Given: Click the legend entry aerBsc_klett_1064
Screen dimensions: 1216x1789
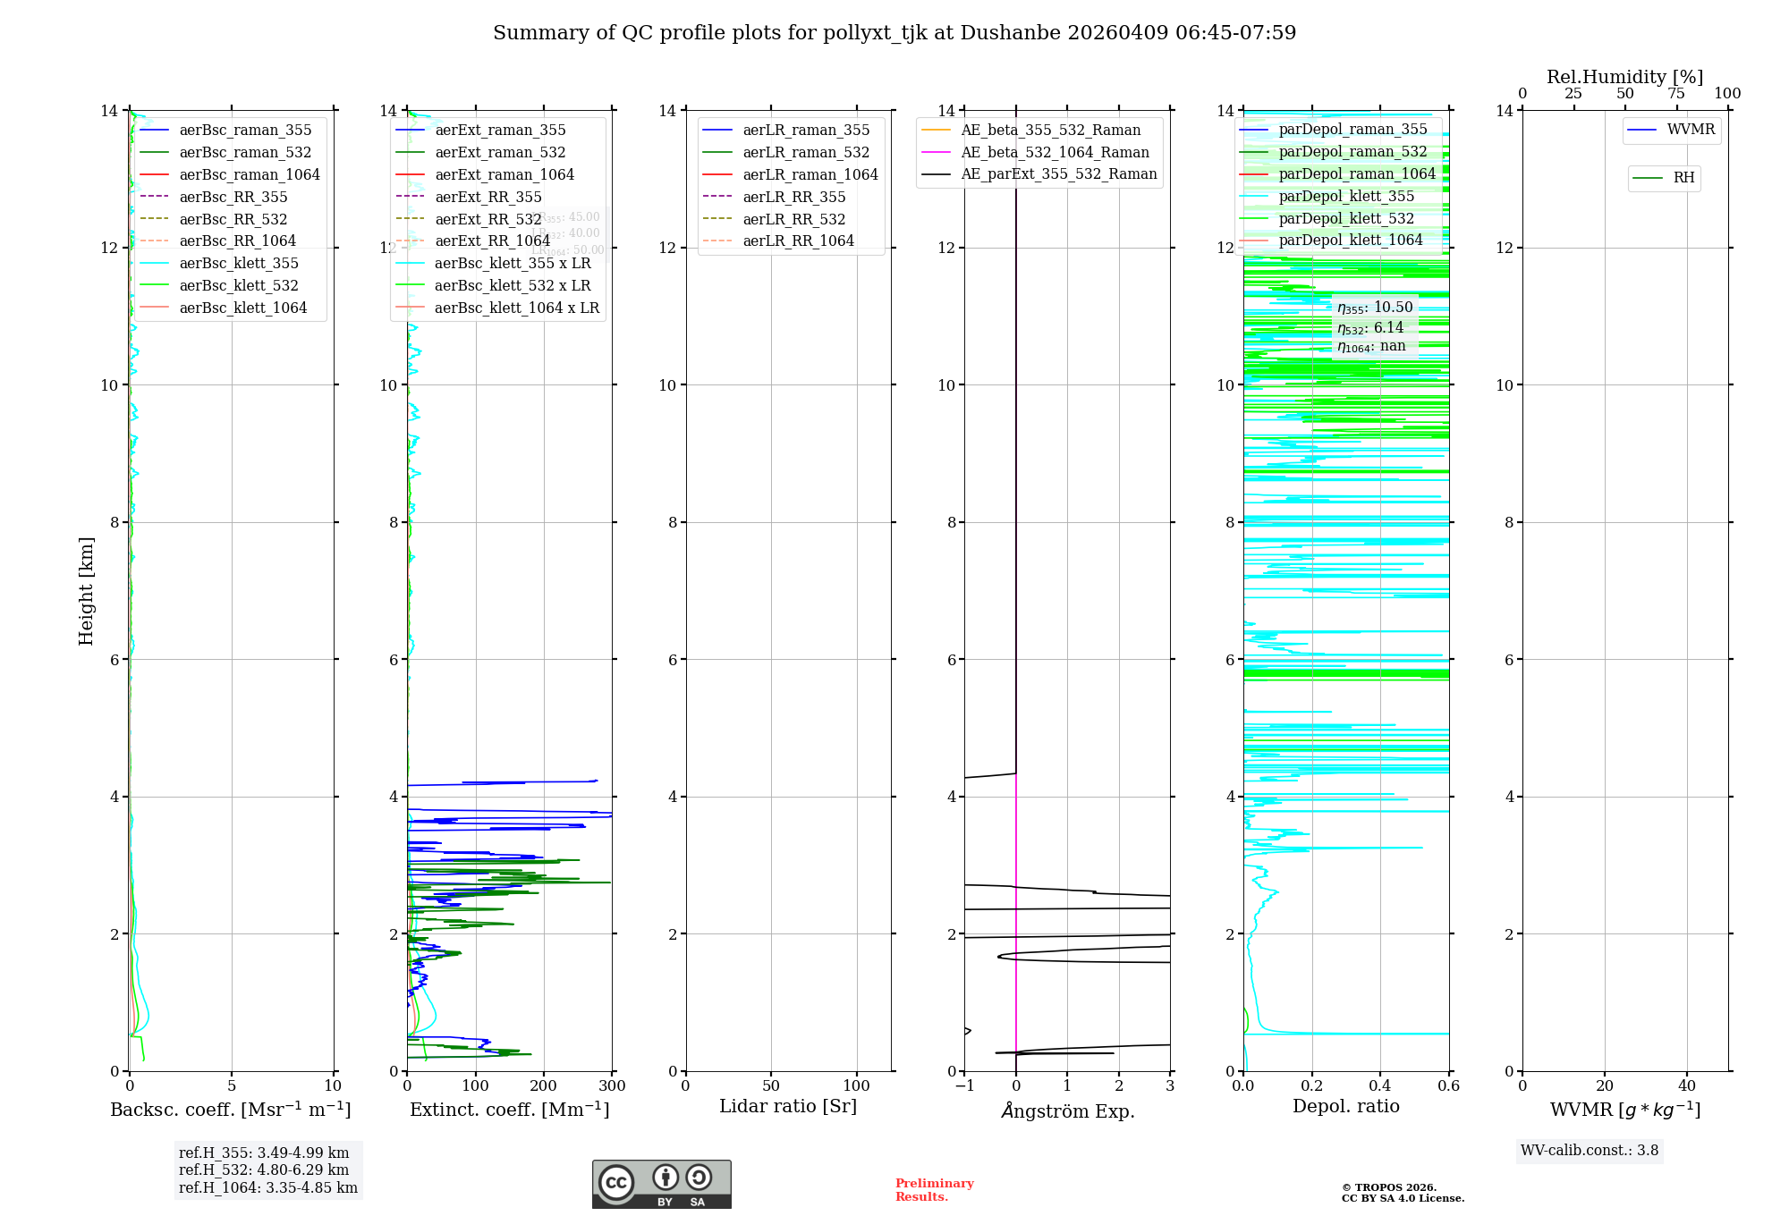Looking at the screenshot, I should pyautogui.click(x=242, y=308).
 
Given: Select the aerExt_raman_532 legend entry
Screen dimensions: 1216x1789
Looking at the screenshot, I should pyautogui.click(x=500, y=152).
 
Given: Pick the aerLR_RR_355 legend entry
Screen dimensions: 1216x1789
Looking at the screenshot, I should pyautogui.click(x=793, y=197).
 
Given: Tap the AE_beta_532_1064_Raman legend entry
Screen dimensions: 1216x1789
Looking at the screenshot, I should pyautogui.click(x=1055, y=152).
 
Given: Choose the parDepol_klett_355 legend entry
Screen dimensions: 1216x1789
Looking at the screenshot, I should pyautogui.click(x=1346, y=196).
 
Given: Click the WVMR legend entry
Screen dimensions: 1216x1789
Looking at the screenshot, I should pyautogui.click(x=1691, y=130).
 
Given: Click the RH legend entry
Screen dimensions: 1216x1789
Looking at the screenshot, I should pyautogui.click(x=1683, y=178).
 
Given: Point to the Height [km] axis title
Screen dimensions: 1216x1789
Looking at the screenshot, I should pyautogui.click(x=86, y=591).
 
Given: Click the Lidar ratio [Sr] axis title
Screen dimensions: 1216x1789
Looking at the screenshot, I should pyautogui.click(x=788, y=1106).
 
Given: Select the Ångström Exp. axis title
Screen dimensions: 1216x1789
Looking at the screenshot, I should pyautogui.click(x=1067, y=1110).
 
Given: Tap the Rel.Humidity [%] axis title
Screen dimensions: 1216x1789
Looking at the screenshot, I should pyautogui.click(x=1624, y=77).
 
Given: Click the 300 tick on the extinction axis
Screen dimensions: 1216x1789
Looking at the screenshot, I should pyautogui.click(x=612, y=1085).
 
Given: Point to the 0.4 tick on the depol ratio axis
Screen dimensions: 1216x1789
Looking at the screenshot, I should pyautogui.click(x=1380, y=1085).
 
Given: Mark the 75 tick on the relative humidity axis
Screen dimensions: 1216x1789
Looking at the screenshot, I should pyautogui.click(x=1676, y=94).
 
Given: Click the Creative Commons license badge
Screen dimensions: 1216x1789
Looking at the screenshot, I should pyautogui.click(x=661, y=1184).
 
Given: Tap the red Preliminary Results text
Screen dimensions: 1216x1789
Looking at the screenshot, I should pyautogui.click(x=934, y=1189).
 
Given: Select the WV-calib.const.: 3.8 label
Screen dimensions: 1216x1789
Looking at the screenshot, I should pyautogui.click(x=1589, y=1150).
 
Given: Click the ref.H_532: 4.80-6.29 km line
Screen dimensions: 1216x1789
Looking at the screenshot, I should pyautogui.click(x=263, y=1170).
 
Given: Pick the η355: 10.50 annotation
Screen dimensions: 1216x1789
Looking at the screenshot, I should pyautogui.click(x=1375, y=308).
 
